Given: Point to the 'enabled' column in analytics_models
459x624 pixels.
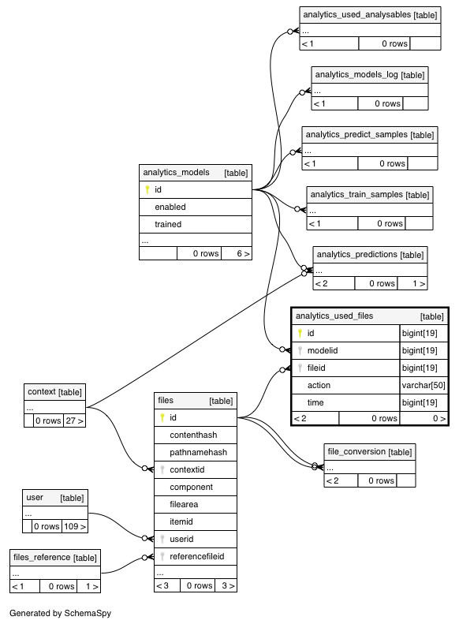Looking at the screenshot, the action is pos(170,207).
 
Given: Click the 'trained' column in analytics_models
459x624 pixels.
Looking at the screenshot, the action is pos(168,225).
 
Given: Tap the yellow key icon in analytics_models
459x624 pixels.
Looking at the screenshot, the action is pos(147,189).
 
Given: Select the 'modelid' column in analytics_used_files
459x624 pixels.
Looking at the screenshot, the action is pos(323,350).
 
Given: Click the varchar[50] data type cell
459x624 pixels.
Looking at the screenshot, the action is pos(424,385).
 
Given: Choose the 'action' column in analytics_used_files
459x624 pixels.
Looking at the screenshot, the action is pos(319,385).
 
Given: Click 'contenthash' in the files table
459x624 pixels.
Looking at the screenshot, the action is pos(193,435).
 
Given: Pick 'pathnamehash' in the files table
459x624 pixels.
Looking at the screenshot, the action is pos(199,453).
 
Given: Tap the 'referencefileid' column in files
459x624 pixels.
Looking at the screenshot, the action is pos(197,556).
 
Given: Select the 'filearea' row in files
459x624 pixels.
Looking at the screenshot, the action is pos(184,505).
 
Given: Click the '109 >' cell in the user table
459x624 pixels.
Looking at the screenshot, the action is pos(75,526).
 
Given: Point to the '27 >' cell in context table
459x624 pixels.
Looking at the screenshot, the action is pos(75,420).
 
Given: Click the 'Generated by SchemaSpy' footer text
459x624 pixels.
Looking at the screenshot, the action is pos(61,613).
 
